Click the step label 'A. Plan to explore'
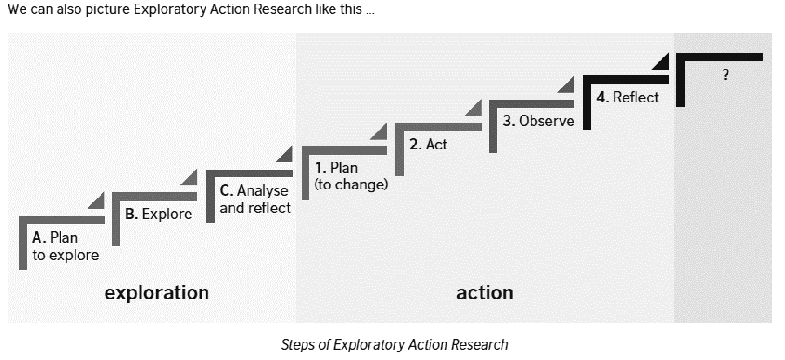click(x=65, y=246)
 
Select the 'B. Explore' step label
click(x=158, y=214)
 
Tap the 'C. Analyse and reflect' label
click(x=255, y=199)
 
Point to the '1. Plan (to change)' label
click(x=351, y=176)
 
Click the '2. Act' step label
click(x=428, y=144)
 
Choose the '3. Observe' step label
click(x=538, y=121)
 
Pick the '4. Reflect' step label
click(x=627, y=97)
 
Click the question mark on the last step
click(x=725, y=75)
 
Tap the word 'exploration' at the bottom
click(x=157, y=293)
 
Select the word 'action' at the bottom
click(x=485, y=293)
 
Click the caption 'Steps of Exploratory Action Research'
click(x=394, y=345)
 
